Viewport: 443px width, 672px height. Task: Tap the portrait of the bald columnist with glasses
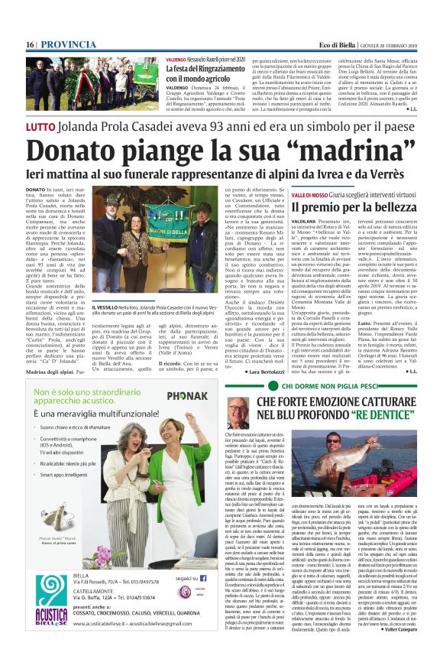pyautogui.click(x=238, y=413)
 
